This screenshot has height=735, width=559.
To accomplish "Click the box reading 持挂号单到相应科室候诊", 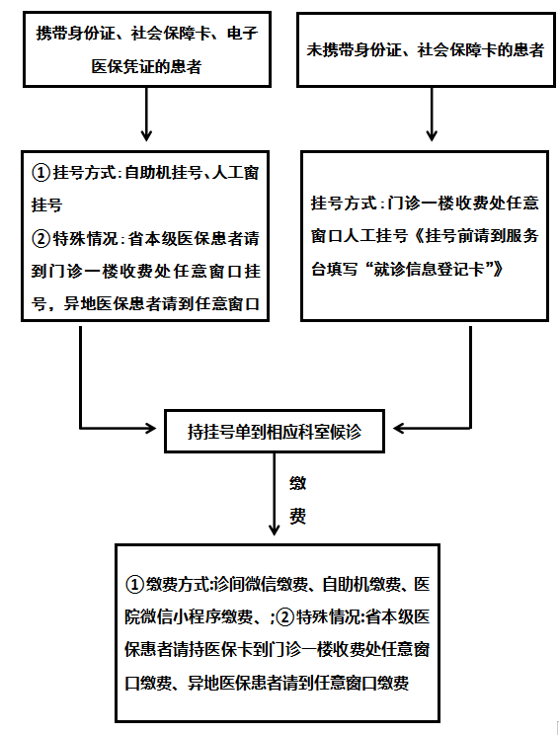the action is pos(275,431).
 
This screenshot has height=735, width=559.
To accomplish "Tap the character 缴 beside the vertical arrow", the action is pos(297,483).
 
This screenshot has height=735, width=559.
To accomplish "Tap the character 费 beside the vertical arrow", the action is pos(297,516).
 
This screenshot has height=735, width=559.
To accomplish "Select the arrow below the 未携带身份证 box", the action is pos(432,115).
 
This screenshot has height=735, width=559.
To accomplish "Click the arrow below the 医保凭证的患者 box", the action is pos(146,115).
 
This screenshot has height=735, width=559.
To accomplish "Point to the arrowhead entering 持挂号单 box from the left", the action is pos(151,428).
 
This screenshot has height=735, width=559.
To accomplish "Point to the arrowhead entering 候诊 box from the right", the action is pos(398,428).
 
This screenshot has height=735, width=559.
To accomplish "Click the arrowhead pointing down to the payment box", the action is pos(275,530).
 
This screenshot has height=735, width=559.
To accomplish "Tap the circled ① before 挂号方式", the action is pos(40,173).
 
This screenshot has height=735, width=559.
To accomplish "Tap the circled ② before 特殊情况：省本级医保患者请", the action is pos(40,239).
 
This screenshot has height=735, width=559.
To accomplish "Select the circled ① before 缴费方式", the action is pos(134,585).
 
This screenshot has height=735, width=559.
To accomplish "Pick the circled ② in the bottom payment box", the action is pos(284,617).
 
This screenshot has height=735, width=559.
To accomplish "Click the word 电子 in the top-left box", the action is pos(242,34).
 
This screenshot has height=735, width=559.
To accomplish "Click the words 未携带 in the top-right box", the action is pos(330,49).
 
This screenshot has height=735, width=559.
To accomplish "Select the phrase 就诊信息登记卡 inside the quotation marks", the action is pos(429,269).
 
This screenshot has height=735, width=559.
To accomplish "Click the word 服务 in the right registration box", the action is pos(522,235).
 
